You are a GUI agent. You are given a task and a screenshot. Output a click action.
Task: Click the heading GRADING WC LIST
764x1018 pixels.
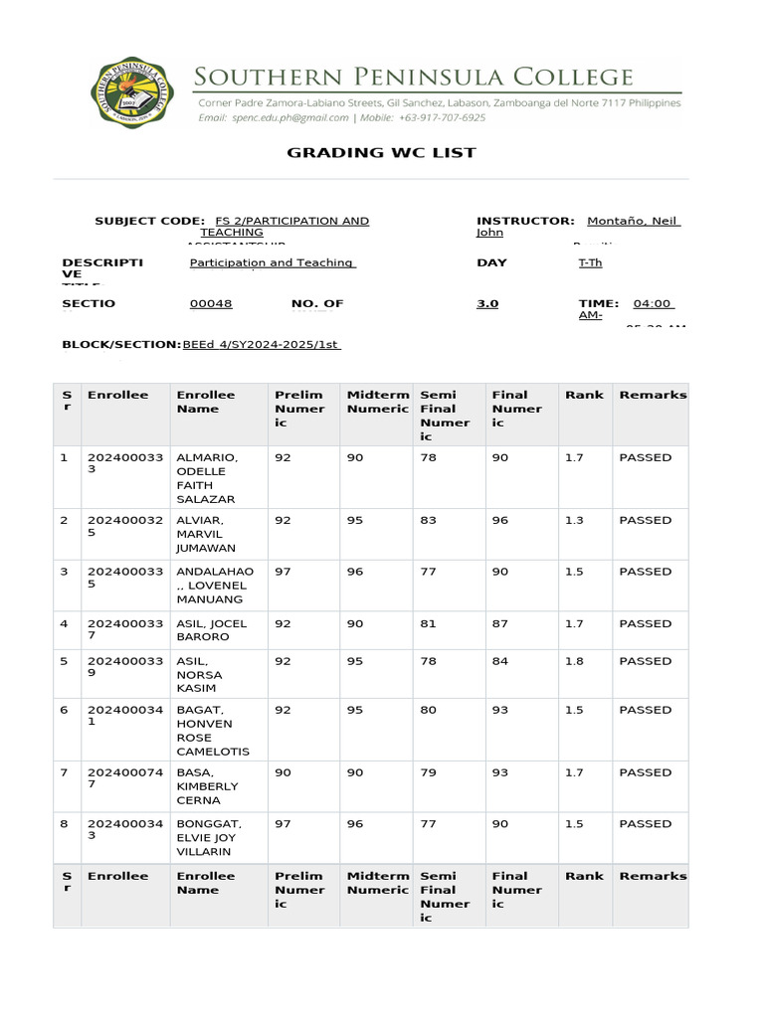[x=381, y=153]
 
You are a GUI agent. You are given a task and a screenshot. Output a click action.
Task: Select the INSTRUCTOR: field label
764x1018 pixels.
[x=525, y=221]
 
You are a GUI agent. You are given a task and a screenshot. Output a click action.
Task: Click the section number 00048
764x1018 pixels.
[x=211, y=304]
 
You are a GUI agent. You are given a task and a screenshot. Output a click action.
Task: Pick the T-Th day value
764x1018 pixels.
[x=590, y=263]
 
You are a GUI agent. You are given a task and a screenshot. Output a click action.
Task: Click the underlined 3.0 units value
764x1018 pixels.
[x=487, y=304]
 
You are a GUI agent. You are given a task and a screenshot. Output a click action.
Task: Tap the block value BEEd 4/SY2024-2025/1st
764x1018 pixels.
[x=262, y=345]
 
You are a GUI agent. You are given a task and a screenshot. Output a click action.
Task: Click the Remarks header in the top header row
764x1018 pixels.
[x=653, y=395]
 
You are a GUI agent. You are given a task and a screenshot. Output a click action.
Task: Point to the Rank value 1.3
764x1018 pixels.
[x=574, y=521]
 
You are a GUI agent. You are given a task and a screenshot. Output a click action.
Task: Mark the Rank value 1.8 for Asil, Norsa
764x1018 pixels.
[x=574, y=661]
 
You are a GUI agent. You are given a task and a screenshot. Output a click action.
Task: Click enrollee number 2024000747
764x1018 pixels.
[x=115, y=779]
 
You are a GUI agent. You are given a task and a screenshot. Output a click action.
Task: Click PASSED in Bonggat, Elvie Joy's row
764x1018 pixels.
[x=645, y=824]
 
